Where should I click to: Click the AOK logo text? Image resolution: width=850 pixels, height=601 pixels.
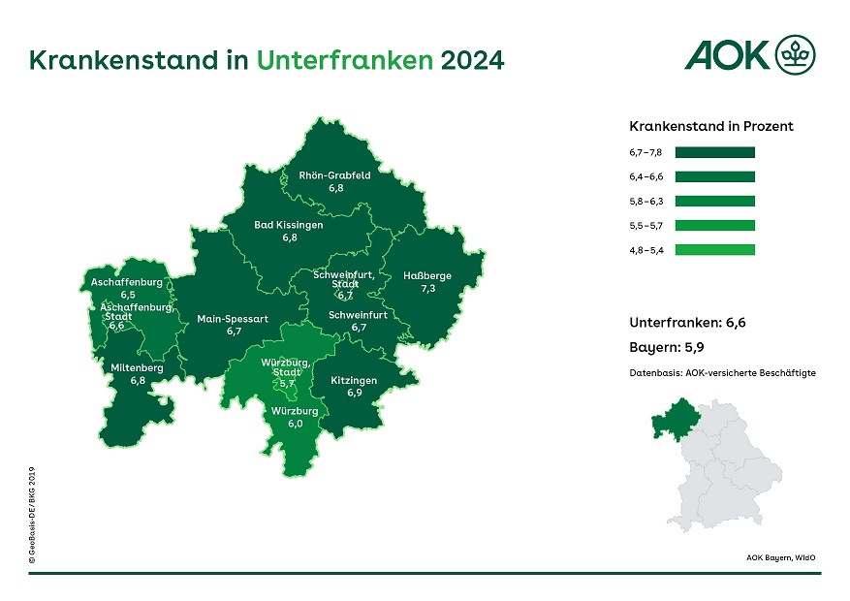(727, 55)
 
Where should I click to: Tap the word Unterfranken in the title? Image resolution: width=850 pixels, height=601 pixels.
(344, 60)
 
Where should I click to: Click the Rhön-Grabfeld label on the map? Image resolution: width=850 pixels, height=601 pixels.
(334, 175)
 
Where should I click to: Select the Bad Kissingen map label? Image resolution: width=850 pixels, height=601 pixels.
(289, 225)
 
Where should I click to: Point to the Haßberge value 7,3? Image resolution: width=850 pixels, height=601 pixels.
(427, 289)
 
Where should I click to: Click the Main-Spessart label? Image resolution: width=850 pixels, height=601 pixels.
(233, 318)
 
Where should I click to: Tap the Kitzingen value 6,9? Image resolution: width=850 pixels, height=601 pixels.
(354, 393)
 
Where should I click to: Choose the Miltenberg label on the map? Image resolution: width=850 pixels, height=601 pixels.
(137, 368)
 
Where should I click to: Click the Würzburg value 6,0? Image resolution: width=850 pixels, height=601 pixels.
(295, 424)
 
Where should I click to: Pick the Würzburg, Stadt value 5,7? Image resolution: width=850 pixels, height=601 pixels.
(286, 384)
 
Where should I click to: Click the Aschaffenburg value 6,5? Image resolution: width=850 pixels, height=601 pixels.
(127, 293)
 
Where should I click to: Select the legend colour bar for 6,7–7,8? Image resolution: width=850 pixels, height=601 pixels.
(714, 152)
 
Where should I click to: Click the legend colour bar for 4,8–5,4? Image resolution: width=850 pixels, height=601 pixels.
(714, 249)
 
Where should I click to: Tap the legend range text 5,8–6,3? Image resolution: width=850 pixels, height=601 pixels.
(645, 201)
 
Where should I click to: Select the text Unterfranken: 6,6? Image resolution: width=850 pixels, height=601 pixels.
(688, 322)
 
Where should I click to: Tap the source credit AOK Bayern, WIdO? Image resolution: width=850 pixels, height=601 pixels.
(780, 557)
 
